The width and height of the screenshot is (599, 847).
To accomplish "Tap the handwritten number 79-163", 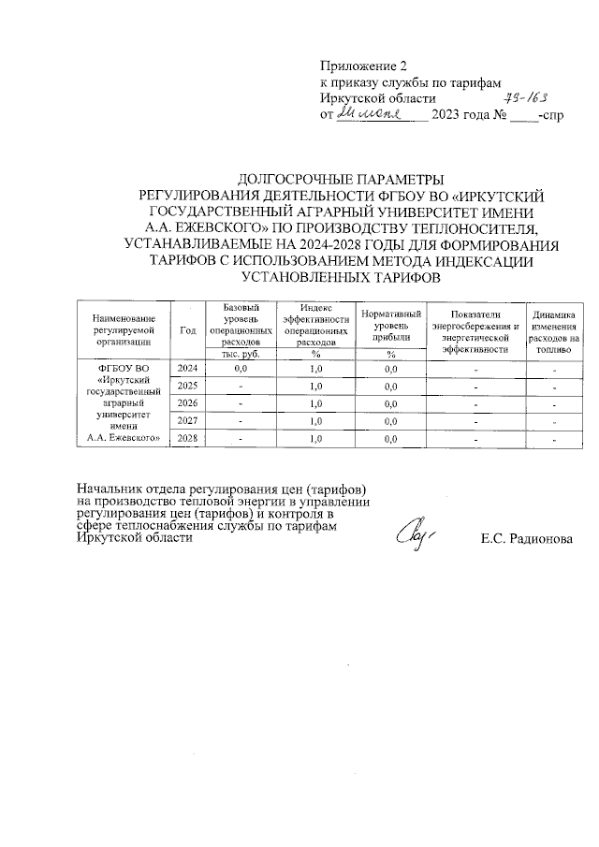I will pos(526,97).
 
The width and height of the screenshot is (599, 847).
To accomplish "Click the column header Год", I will pos(187,330).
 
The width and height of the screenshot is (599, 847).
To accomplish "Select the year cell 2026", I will pos(187,403).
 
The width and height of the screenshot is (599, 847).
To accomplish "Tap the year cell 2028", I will pos(187,437).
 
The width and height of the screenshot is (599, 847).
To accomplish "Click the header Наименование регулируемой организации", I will pos(124,330).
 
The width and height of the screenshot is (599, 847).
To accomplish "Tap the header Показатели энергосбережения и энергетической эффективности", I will pos(475,330).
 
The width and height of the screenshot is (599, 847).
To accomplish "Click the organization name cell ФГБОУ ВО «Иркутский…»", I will pos(124,403).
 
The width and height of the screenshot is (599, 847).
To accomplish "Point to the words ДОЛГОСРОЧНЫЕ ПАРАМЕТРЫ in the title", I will pos(337,179).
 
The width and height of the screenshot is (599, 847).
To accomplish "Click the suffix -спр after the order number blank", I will pos(552,114).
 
